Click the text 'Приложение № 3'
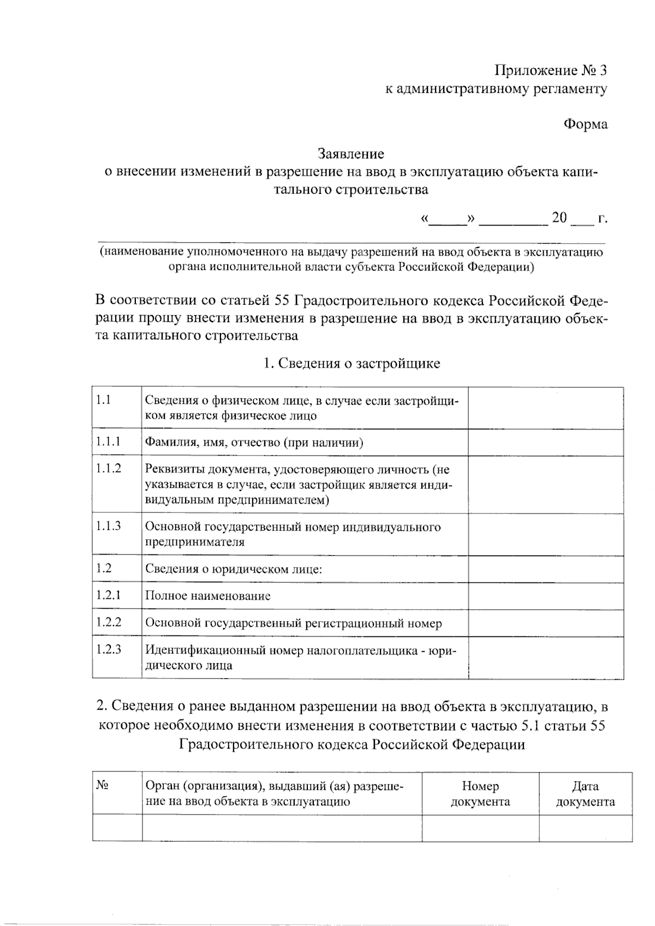(x=550, y=70)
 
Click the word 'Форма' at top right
(x=585, y=124)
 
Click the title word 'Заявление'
(x=352, y=154)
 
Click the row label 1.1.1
(x=108, y=441)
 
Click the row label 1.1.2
(x=108, y=468)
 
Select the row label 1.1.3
(x=108, y=526)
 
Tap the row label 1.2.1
(x=108, y=595)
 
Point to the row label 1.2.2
(x=108, y=622)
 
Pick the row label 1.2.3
(x=108, y=650)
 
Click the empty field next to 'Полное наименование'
(x=545, y=596)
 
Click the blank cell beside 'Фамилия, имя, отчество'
(x=545, y=442)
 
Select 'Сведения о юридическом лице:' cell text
(x=234, y=569)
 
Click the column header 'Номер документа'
(x=480, y=794)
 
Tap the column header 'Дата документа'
(x=585, y=794)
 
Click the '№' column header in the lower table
(x=102, y=786)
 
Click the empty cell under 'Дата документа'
(x=585, y=828)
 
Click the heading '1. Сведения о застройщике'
(x=352, y=363)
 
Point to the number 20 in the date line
(x=559, y=218)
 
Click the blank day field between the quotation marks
(x=448, y=219)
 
